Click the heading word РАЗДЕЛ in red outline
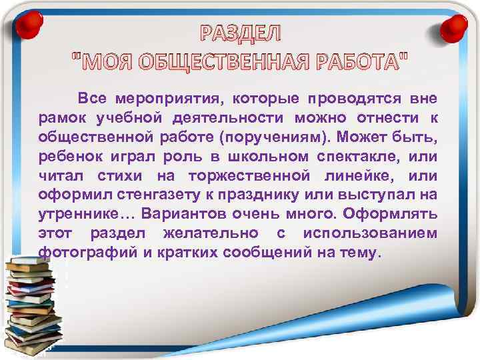[x=241, y=33]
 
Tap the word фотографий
[x=85, y=253]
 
